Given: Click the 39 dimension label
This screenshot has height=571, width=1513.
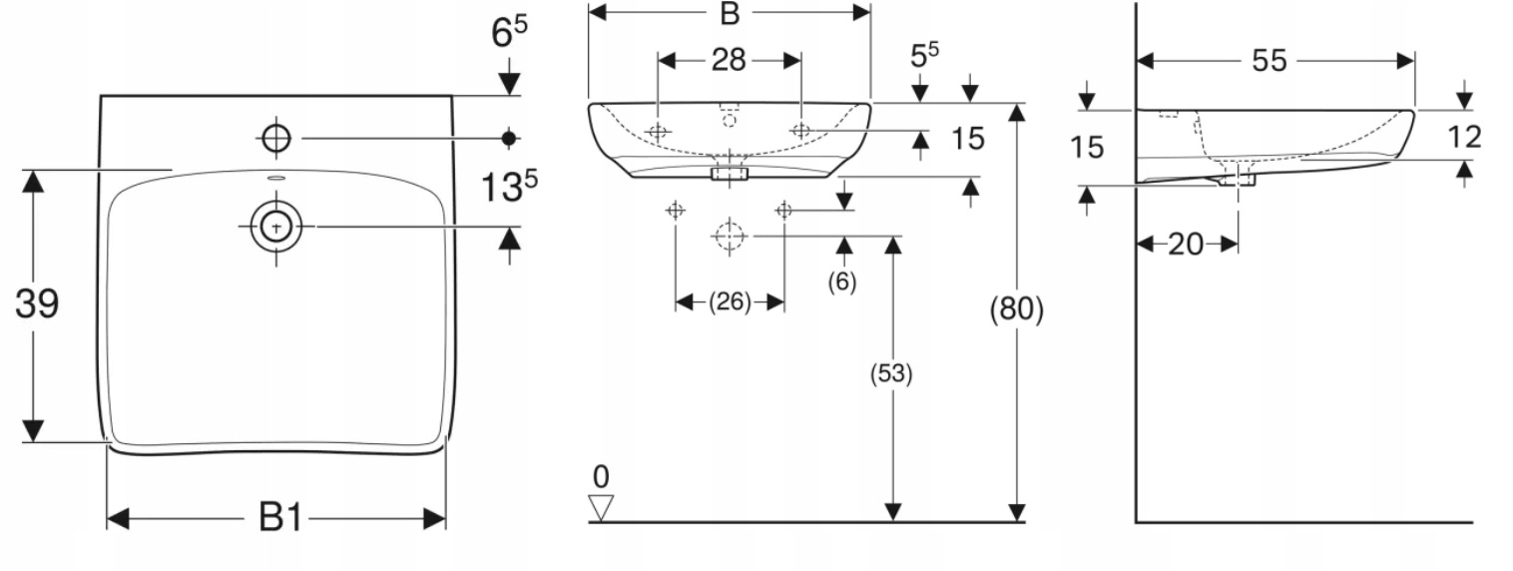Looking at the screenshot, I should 36,303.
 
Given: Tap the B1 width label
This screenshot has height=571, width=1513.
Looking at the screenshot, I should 280,518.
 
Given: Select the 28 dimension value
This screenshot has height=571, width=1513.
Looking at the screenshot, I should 729,60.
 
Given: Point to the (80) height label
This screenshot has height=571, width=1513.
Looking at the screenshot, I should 1016,309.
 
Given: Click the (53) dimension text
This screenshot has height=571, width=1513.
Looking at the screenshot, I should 892,373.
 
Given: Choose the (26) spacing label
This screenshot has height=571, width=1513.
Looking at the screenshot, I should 729,301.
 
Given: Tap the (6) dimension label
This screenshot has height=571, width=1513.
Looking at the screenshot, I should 842,283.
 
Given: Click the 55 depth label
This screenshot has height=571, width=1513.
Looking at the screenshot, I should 1269,61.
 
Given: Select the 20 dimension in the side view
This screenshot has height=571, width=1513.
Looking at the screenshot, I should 1186,244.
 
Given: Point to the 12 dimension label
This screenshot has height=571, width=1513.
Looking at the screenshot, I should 1464,136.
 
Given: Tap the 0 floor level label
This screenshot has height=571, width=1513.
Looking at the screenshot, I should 600,475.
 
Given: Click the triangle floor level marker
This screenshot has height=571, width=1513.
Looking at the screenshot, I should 601,507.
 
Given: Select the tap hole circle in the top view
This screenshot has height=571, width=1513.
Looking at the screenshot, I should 276,137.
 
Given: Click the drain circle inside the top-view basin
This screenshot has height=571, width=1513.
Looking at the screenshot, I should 276,227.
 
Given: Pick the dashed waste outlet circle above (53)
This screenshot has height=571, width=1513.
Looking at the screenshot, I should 730,236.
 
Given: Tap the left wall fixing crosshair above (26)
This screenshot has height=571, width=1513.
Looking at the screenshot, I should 676,210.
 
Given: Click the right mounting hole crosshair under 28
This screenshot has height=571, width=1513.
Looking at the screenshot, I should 801,130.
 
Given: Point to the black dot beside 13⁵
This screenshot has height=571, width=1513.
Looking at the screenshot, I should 509,137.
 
